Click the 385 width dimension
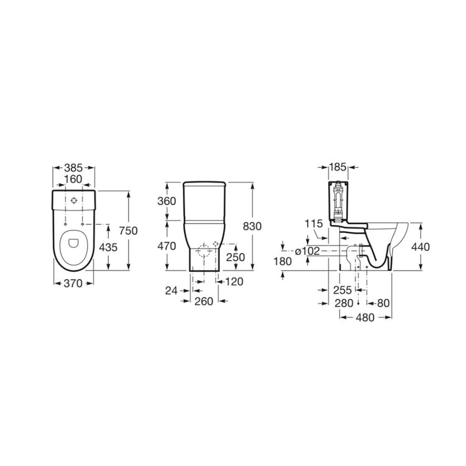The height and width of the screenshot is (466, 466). pyautogui.click(x=73, y=168)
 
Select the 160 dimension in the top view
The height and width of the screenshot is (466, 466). pyautogui.click(x=73, y=179)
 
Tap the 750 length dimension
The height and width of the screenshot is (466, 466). pyautogui.click(x=129, y=231)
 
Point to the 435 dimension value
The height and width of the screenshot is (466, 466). pyautogui.click(x=108, y=247)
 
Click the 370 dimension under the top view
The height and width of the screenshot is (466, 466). pyautogui.click(x=73, y=283)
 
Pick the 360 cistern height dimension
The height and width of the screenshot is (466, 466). pyautogui.click(x=167, y=201)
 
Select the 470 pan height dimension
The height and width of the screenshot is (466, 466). pyautogui.click(x=167, y=246)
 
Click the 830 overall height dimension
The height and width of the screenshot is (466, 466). pyautogui.click(x=252, y=226)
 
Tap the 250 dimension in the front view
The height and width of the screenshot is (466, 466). pyautogui.click(x=235, y=257)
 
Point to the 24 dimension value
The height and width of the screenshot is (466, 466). pyautogui.click(x=171, y=291)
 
